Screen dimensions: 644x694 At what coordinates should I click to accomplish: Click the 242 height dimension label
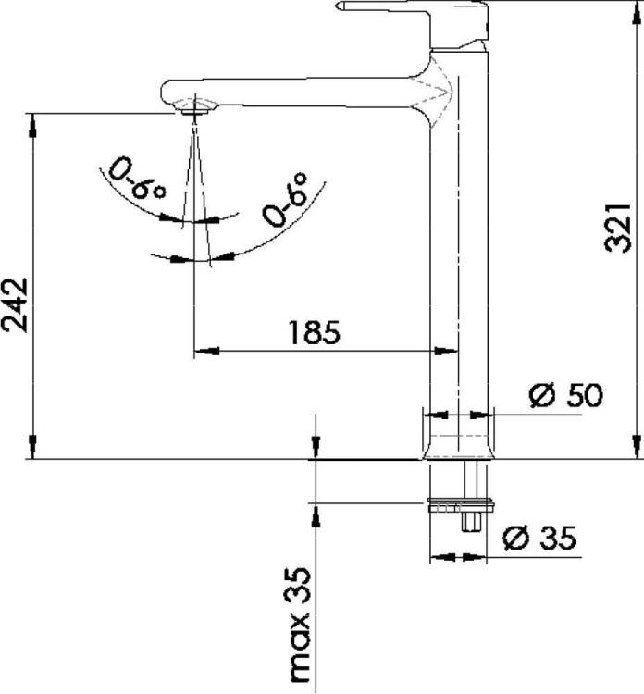coord(15,305)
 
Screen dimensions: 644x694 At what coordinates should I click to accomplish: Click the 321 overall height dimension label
coord(617,228)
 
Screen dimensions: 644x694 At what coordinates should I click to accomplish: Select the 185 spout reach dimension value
coord(315,332)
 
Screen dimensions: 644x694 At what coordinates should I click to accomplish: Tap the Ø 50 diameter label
coord(566,395)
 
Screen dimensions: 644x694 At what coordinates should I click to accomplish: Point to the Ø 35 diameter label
coord(540,538)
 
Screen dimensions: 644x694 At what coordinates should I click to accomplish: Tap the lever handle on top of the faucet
coord(414,22)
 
